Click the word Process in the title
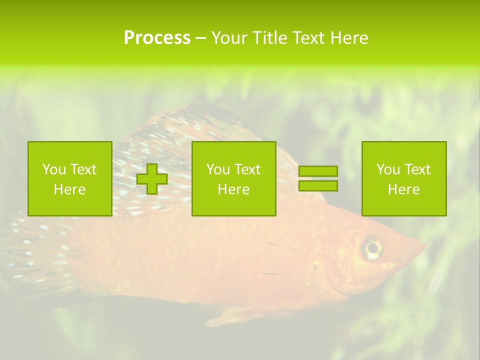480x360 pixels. click(x=157, y=38)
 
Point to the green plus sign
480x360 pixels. click(x=152, y=179)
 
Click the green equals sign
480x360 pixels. click(x=318, y=178)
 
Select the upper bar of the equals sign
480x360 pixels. click(x=318, y=171)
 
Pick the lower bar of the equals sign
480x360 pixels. click(x=318, y=185)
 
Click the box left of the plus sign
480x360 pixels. click(x=70, y=178)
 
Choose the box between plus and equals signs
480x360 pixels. click(x=234, y=178)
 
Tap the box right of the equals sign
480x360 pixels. click(x=404, y=178)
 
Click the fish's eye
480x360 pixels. click(x=372, y=247)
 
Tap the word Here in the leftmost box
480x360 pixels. click(x=70, y=189)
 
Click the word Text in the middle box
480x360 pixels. click(x=247, y=169)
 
